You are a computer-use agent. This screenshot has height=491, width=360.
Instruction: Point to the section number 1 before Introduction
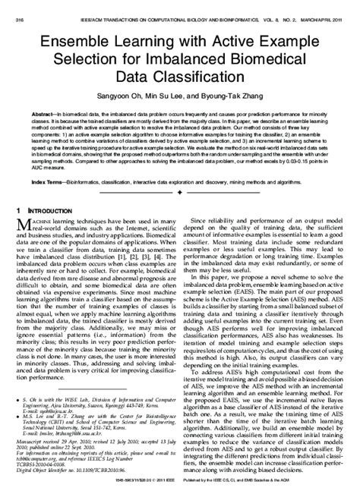17,208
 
